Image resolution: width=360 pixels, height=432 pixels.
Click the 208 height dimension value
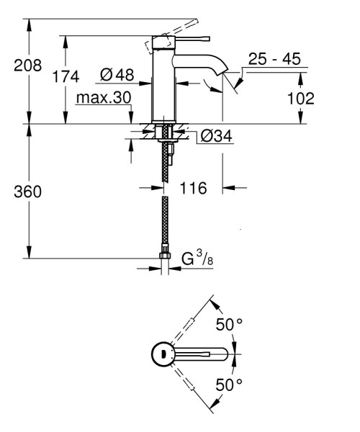pos(28,65)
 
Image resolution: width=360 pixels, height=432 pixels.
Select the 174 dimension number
pos(65,77)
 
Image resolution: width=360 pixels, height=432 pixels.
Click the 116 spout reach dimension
pos(194,188)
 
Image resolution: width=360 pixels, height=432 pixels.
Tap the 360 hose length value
pos(28,193)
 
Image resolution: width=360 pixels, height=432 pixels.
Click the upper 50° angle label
pos(229,325)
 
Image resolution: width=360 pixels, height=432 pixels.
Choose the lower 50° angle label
pos(229,384)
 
